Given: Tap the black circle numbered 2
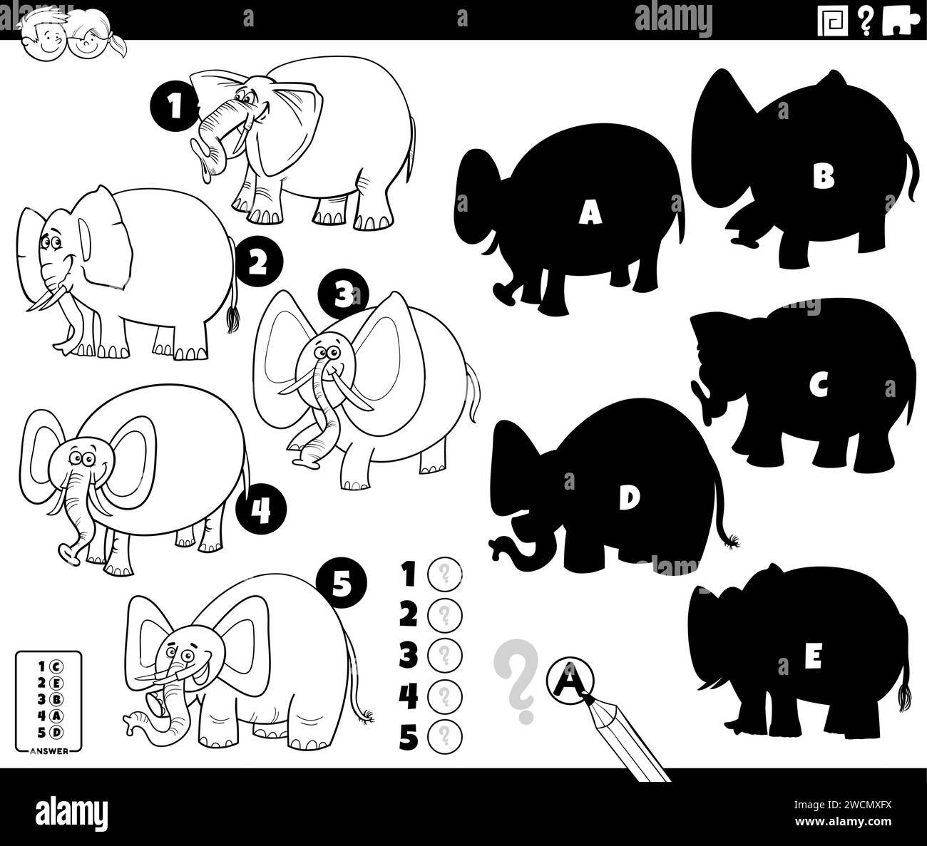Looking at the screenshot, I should tap(257, 264).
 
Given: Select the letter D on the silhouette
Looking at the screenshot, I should tap(628, 499).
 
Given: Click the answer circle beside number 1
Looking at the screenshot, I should tap(445, 572).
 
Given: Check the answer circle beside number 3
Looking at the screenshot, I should tap(445, 654).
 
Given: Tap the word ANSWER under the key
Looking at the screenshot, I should tap(49, 750).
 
